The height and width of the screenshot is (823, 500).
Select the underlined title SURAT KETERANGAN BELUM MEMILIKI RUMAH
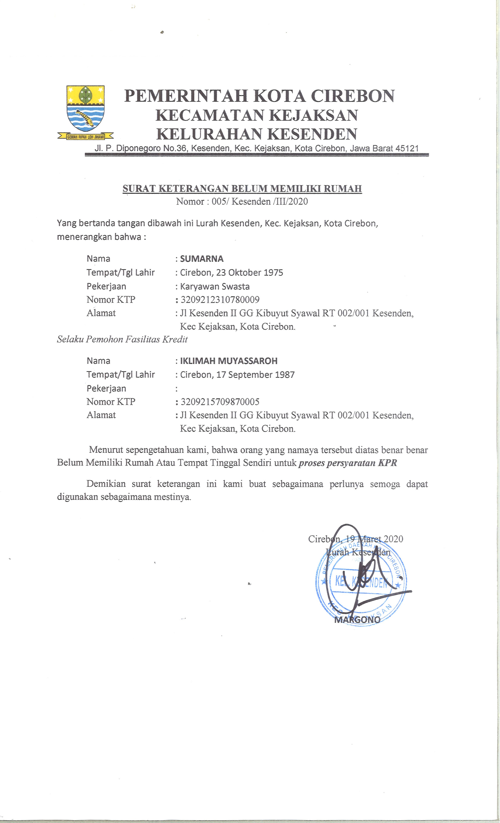(242, 189)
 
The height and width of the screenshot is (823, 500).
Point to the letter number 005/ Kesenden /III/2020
(260, 201)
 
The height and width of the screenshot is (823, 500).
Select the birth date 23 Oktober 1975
(249, 273)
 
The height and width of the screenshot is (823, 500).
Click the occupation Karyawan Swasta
(215, 286)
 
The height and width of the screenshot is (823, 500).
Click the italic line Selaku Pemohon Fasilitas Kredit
(122, 339)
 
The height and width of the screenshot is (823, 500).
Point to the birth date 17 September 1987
(255, 375)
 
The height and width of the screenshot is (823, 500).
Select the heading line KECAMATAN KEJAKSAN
(257, 115)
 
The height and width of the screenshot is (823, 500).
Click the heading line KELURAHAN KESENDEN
(257, 134)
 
